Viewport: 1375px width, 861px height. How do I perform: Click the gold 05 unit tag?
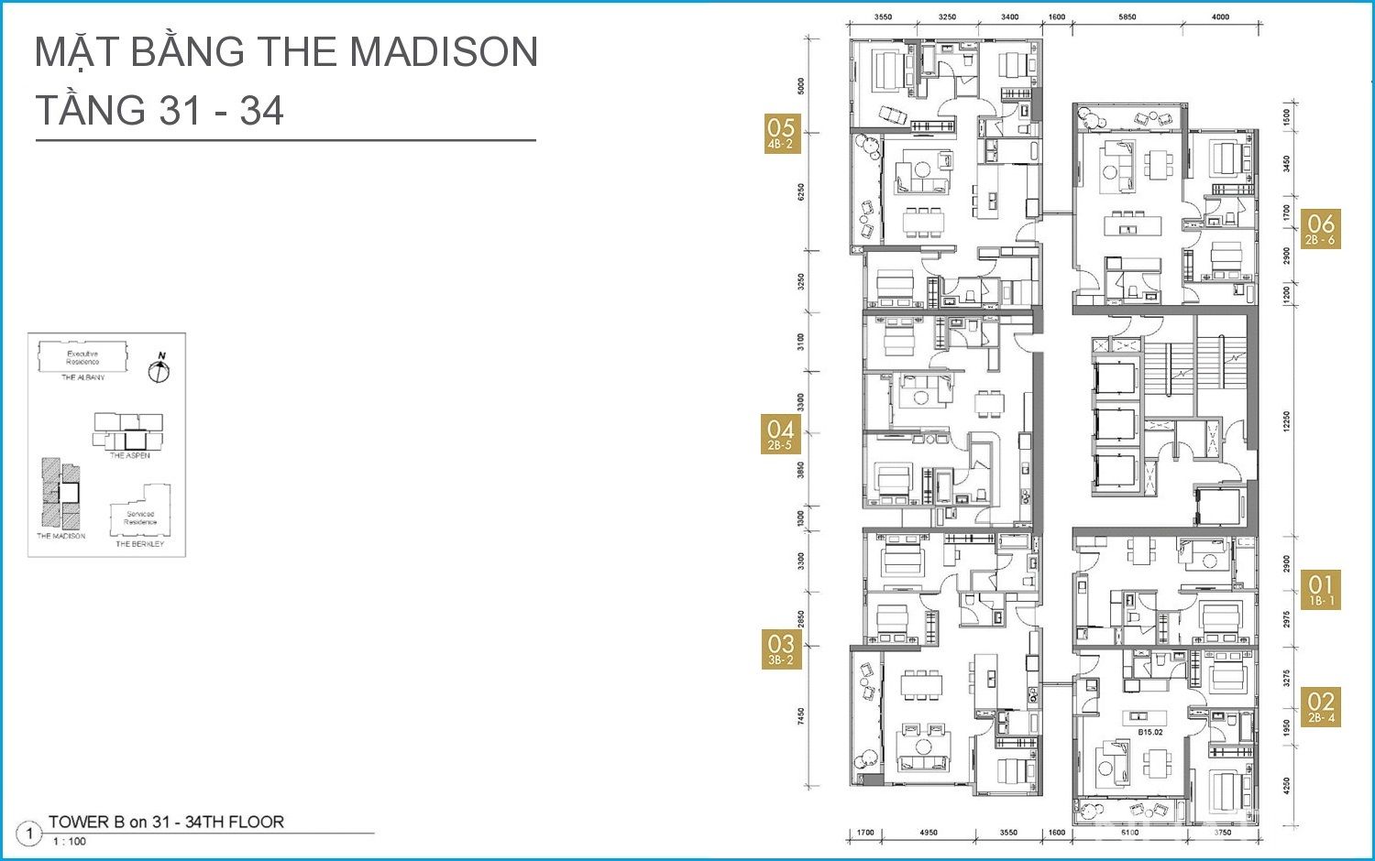tap(780, 134)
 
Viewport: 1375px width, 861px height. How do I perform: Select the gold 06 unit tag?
tap(1320, 229)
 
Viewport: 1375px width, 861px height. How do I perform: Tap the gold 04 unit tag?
tap(780, 434)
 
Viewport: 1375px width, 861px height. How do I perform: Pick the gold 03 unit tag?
tap(780, 649)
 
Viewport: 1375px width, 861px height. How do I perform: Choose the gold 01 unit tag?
tap(1320, 590)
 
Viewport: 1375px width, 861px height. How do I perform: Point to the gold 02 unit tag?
tap(1320, 707)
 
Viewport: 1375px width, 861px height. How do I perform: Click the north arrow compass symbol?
tap(159, 370)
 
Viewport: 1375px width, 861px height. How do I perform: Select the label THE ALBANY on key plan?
tap(83, 377)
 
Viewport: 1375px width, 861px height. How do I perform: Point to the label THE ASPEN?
tap(129, 455)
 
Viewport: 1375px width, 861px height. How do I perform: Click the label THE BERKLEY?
tap(139, 544)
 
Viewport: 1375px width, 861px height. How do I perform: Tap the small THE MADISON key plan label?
tap(61, 536)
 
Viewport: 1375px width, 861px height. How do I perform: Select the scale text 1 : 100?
tap(69, 842)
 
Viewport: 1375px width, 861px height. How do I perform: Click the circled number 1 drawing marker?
tap(29, 834)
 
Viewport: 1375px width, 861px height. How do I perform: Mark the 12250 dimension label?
tap(1286, 422)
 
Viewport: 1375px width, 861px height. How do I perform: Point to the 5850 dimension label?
tap(1127, 17)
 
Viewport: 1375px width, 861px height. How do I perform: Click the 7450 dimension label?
tap(801, 715)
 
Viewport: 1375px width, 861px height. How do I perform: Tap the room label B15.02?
tap(1150, 732)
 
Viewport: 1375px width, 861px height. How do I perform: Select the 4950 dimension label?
tap(928, 833)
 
